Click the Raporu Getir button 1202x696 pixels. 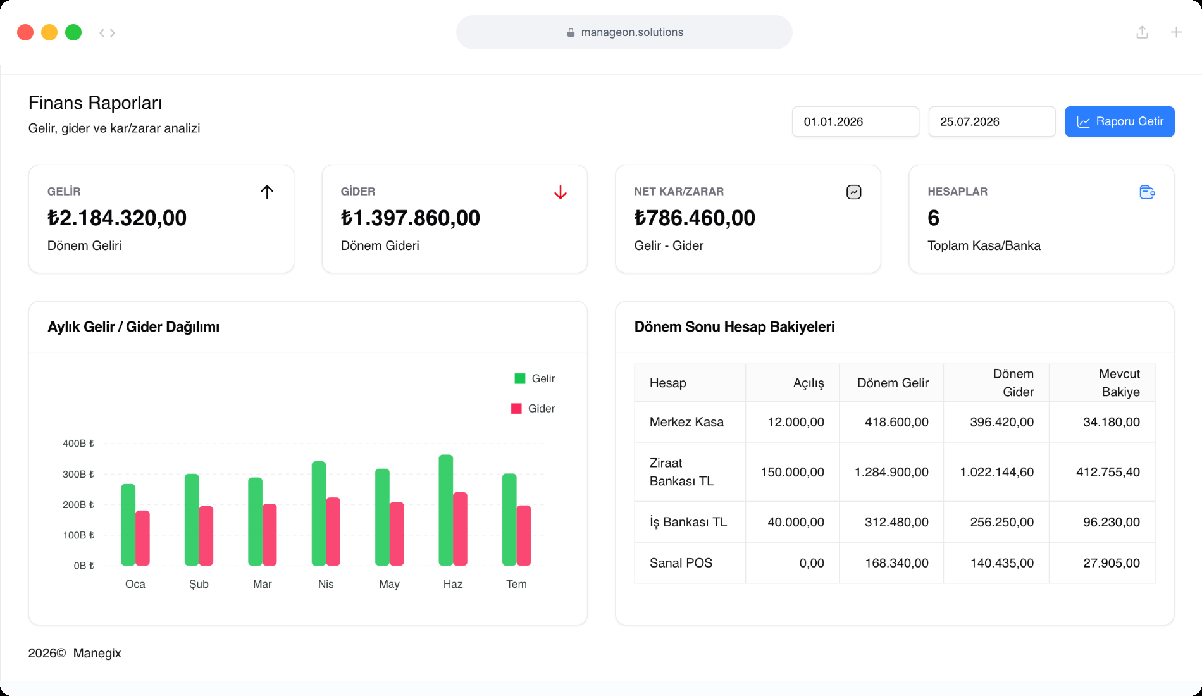[1119, 121]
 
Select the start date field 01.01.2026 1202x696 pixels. [855, 121]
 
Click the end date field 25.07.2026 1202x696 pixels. [991, 121]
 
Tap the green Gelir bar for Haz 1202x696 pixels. [445, 510]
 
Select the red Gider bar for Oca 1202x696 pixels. [142, 538]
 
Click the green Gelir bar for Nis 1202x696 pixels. [319, 513]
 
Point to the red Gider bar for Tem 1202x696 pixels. [524, 535]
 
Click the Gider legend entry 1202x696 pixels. [533, 409]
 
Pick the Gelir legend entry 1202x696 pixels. [535, 378]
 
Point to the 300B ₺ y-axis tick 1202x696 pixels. [78, 474]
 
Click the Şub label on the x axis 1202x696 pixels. [199, 584]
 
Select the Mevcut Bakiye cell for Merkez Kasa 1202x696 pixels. [1112, 422]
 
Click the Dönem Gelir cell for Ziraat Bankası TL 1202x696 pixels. [891, 472]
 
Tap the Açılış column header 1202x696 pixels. [809, 383]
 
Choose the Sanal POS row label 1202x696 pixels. [681, 563]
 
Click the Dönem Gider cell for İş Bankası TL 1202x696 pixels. [1001, 522]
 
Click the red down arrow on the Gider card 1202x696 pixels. [561, 192]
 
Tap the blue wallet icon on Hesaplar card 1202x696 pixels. [1147, 192]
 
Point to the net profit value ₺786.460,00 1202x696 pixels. [695, 218]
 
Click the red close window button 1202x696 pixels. [25, 32]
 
